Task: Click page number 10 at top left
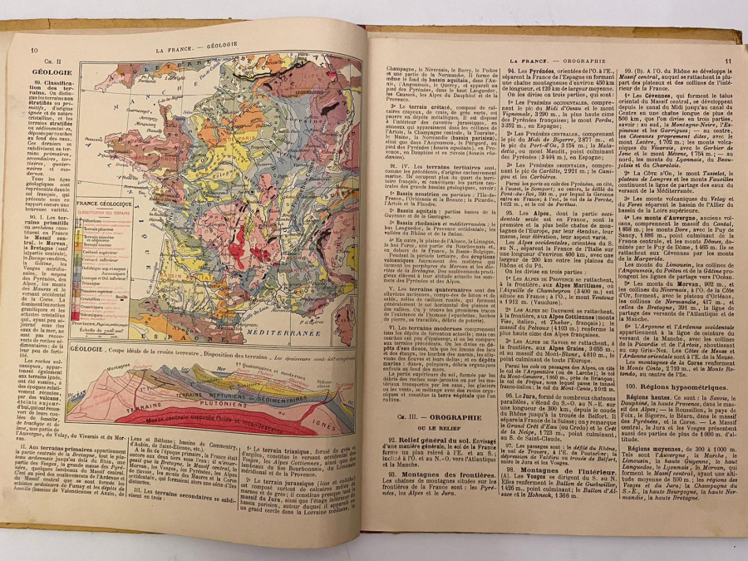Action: (34, 51)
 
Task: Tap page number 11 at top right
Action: (727, 60)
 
